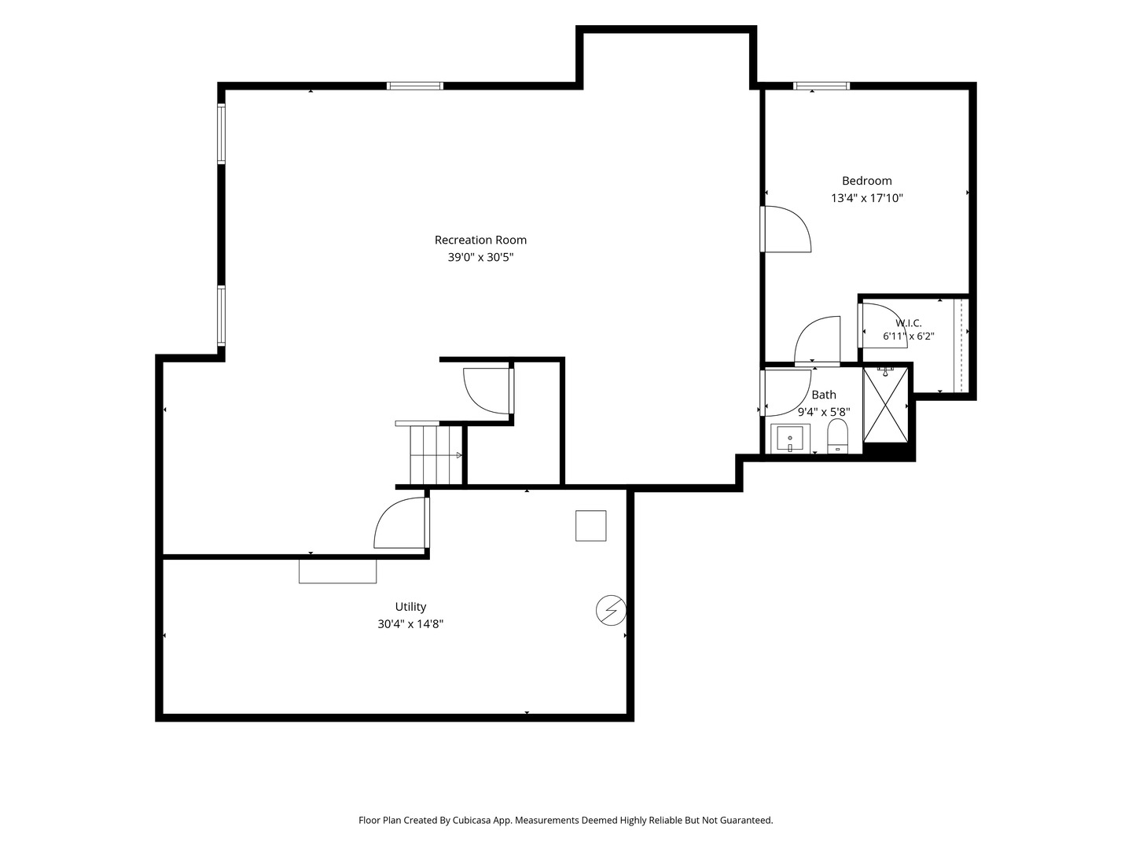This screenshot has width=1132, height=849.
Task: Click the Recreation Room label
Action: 480,240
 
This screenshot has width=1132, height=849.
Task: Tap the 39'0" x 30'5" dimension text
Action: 480,257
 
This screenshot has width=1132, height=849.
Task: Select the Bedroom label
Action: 866,181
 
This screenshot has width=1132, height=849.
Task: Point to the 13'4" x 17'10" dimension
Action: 866,198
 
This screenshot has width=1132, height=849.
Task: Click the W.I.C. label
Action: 908,323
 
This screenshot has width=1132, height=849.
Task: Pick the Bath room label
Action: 824,395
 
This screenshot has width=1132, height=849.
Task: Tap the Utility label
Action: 410,607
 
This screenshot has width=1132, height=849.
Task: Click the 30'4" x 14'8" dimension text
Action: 410,624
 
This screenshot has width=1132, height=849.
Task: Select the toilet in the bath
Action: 837,436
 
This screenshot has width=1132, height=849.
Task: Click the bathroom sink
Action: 790,439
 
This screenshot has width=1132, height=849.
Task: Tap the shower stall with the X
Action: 885,405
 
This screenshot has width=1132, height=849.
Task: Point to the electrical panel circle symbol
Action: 611,611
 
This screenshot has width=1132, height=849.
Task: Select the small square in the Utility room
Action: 590,526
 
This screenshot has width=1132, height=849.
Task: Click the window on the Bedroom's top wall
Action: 821,86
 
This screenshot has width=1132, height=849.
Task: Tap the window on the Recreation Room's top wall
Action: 414,86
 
